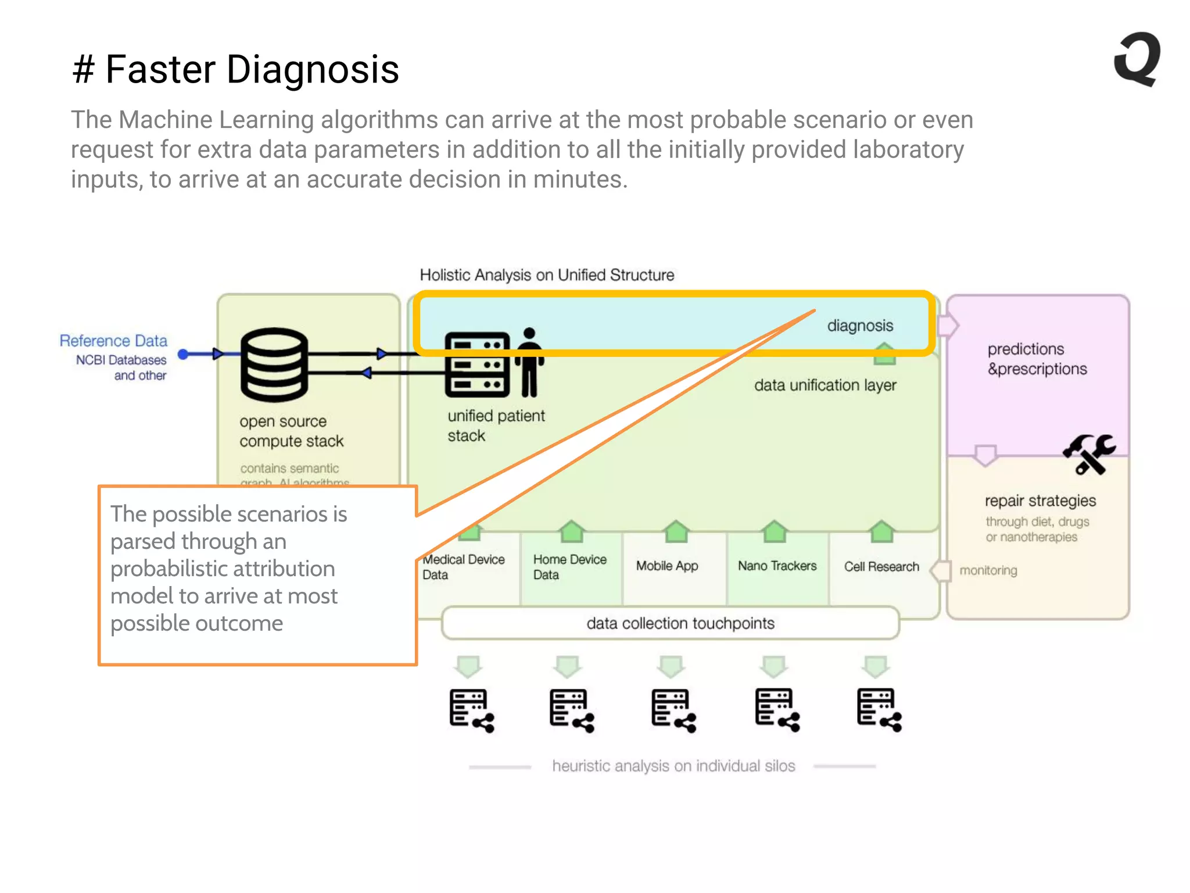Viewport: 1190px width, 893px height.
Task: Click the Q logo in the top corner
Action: pos(1137,59)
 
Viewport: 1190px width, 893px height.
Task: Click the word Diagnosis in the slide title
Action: pos(313,69)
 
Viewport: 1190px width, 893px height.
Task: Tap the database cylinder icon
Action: pos(274,365)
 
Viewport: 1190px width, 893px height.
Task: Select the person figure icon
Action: pos(529,362)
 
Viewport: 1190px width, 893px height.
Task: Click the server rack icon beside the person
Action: pos(477,365)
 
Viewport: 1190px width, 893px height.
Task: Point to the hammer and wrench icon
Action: pos(1089,454)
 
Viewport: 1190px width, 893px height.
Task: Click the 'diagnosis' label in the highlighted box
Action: pos(859,326)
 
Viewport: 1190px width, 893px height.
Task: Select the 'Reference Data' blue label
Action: pos(113,341)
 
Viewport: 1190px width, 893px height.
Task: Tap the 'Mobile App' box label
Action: pos(666,566)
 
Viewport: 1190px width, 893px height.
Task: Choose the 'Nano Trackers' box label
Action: pos(777,566)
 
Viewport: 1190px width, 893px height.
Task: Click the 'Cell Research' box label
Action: pos(881,566)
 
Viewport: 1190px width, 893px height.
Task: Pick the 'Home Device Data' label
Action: pos(569,567)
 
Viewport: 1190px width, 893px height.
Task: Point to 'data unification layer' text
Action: pos(825,385)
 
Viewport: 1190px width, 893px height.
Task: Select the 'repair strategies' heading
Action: pos(1040,501)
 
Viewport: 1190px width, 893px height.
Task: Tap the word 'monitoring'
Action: pos(988,570)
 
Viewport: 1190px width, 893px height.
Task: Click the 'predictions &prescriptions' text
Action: pos(1037,359)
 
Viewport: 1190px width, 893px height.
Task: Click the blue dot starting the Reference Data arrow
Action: pos(183,354)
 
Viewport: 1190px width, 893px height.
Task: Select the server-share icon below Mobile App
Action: pos(673,710)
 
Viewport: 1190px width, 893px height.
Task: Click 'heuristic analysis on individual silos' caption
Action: pos(673,766)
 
